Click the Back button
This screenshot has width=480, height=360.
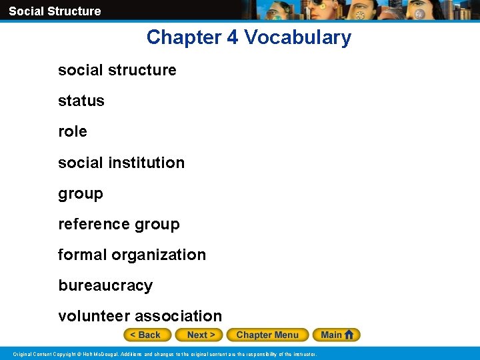[147, 335]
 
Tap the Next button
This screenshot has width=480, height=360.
[201, 335]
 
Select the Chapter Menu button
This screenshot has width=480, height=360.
[267, 335]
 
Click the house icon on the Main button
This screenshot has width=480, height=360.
[349, 335]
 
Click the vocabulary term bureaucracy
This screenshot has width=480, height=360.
[105, 285]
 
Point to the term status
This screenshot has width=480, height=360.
[81, 101]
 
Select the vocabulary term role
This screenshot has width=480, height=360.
[73, 131]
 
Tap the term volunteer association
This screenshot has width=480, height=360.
[140, 316]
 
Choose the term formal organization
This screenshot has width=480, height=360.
[132, 255]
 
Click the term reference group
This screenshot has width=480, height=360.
[119, 224]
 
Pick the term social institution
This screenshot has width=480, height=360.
[121, 163]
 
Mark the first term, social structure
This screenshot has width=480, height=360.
[117, 70]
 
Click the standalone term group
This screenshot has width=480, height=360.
[81, 193]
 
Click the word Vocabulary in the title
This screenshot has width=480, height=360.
[297, 37]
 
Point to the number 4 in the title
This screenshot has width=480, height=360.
[232, 37]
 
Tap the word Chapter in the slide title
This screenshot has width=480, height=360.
[184, 37]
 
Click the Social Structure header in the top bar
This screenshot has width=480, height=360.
[55, 11]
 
